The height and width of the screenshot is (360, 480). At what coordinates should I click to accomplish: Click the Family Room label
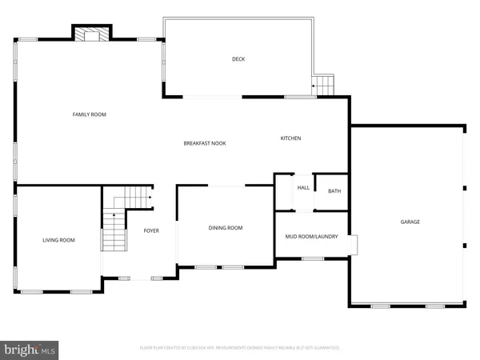(90, 114)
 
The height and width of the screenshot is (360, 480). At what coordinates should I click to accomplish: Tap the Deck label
(238, 59)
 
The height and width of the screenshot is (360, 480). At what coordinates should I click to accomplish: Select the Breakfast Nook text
(205, 143)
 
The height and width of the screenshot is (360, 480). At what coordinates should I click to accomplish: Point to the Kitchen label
(290, 138)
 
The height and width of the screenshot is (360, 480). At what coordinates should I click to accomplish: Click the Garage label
(410, 222)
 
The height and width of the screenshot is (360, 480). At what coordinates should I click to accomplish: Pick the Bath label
(334, 191)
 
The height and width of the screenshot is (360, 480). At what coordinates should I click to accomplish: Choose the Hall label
(303, 188)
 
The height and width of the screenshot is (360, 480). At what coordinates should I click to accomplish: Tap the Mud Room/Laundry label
(312, 236)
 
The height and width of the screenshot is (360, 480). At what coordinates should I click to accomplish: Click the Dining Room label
(226, 228)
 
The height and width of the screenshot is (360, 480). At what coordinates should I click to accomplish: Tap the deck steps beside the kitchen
(323, 85)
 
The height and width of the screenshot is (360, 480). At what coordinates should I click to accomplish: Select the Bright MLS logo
(30, 349)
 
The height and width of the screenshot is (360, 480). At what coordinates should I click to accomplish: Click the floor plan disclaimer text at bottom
(240, 348)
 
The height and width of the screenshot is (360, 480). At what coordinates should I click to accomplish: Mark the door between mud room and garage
(351, 244)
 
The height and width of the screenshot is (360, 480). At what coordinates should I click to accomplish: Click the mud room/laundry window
(313, 258)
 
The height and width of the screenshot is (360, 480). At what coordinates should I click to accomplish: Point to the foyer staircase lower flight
(113, 234)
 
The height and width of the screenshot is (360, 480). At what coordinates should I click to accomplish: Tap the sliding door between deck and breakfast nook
(214, 98)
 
